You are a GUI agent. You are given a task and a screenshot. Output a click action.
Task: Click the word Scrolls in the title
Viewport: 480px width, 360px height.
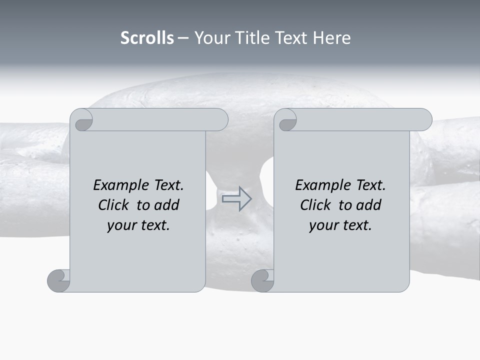tap(147, 38)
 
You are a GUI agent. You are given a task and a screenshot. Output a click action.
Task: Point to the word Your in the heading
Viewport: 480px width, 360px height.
tap(210, 38)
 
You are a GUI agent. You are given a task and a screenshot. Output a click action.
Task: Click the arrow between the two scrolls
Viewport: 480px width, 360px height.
tap(236, 198)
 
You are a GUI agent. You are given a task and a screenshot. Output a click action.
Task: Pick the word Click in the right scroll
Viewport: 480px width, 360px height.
tap(316, 205)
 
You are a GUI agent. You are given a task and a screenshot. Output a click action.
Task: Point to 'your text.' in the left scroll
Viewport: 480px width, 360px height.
tap(138, 225)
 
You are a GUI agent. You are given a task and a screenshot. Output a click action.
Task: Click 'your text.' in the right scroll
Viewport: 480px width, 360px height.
tap(340, 225)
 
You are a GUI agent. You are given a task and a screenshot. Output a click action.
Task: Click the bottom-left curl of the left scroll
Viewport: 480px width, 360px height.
tap(58, 280)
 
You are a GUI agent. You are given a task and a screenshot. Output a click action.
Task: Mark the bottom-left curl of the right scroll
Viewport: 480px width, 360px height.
tap(262, 280)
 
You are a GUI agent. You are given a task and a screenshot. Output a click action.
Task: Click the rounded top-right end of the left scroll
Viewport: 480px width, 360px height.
tap(220, 119)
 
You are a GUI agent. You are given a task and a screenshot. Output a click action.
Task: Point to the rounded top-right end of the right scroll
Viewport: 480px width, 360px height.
tap(424, 119)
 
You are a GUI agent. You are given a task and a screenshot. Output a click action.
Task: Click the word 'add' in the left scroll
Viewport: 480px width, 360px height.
tap(167, 205)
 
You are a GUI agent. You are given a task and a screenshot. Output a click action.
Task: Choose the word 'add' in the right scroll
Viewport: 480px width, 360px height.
tap(369, 205)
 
